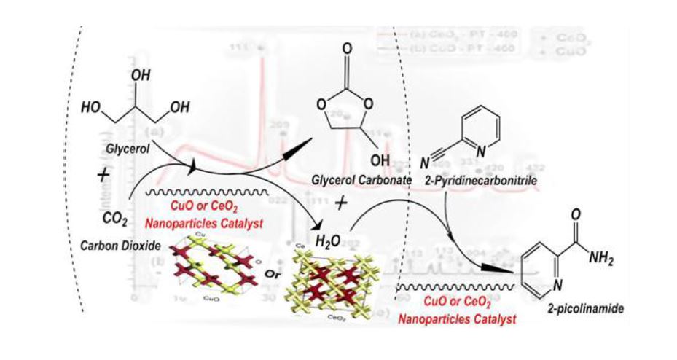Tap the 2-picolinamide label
(x=576, y=308)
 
